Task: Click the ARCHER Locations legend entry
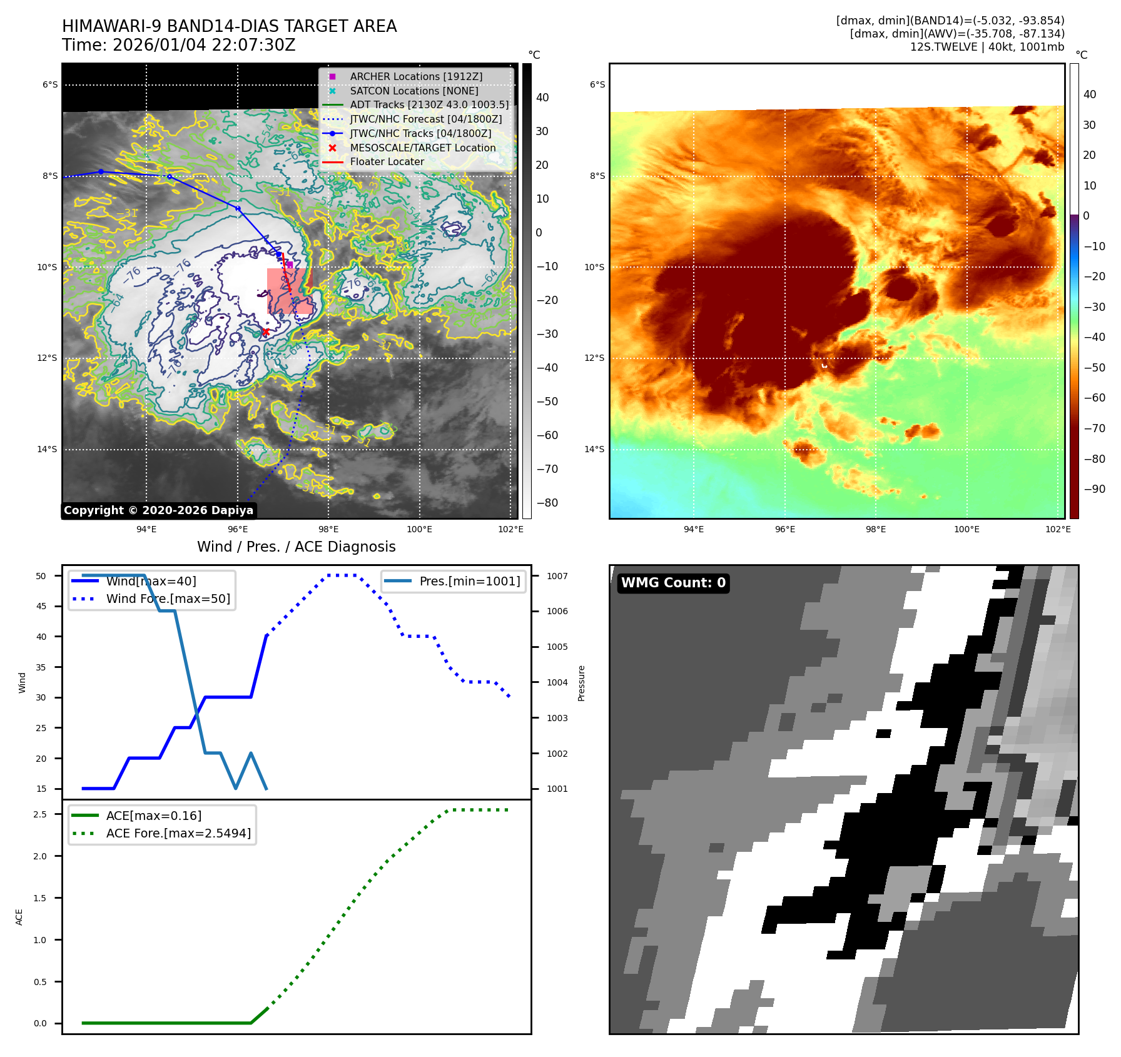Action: coord(416,76)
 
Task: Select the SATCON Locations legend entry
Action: coord(413,91)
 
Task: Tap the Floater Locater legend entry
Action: coord(387,161)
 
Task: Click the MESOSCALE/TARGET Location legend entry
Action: coord(422,148)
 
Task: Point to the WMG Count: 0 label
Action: coord(673,583)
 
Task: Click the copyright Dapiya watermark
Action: coord(158,510)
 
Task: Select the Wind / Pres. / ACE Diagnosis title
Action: coord(296,547)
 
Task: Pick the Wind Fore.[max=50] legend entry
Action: coord(168,599)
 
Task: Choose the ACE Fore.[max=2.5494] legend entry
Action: coord(178,833)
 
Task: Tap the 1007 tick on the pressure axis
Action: coord(557,576)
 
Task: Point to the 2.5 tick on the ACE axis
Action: coord(40,814)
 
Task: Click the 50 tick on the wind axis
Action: coord(41,576)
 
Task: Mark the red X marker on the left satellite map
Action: coord(265,332)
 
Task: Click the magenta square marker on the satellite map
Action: coord(290,265)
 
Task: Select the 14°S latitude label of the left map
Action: coord(47,449)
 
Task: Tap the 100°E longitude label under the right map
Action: coord(966,529)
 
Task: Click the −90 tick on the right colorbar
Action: coord(1094,489)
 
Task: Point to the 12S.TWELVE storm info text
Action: coord(987,47)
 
